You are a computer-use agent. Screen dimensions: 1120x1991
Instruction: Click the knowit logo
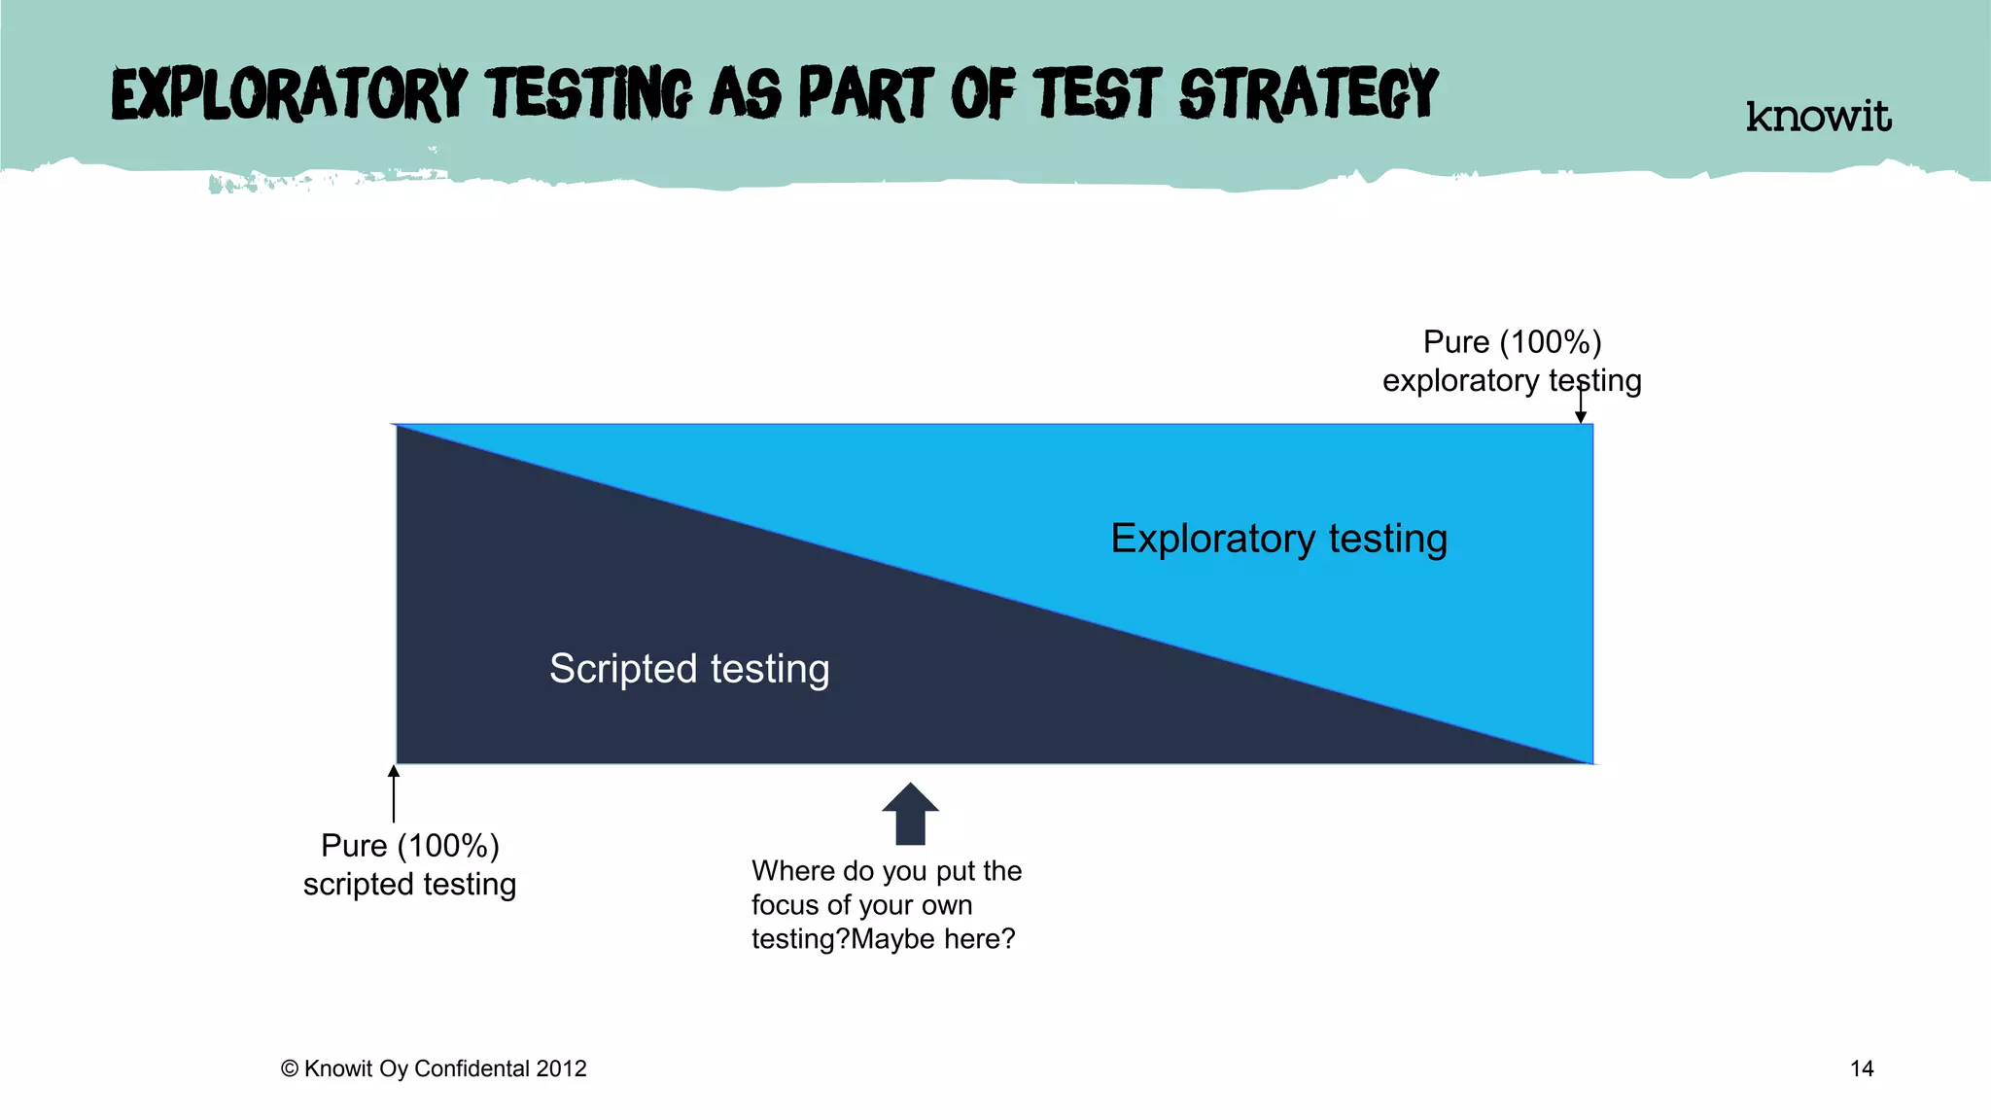1818,117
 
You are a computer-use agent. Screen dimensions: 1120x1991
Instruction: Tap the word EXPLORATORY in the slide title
290,94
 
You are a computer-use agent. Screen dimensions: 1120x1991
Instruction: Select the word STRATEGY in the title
1309,94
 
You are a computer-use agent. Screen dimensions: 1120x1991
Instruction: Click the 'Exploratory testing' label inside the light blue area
1278,539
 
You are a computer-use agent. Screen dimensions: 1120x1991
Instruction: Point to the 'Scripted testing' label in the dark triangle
689,669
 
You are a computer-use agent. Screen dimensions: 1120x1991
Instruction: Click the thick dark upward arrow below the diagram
910,815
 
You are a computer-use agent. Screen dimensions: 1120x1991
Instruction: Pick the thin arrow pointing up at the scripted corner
394,793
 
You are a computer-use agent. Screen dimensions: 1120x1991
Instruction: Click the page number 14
1861,1068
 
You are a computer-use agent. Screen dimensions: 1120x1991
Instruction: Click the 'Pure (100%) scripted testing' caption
409,864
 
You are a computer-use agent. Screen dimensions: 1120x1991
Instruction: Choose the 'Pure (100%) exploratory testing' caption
1512,361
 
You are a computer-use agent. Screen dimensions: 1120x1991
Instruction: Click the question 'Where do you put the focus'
886,904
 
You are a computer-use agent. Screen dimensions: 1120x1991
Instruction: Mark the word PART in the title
865,94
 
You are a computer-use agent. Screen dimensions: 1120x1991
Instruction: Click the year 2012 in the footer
561,1068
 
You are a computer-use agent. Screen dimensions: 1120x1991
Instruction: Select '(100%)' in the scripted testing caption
448,846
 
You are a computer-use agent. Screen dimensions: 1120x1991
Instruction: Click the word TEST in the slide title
1098,94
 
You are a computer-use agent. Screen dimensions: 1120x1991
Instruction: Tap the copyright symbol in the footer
289,1068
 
